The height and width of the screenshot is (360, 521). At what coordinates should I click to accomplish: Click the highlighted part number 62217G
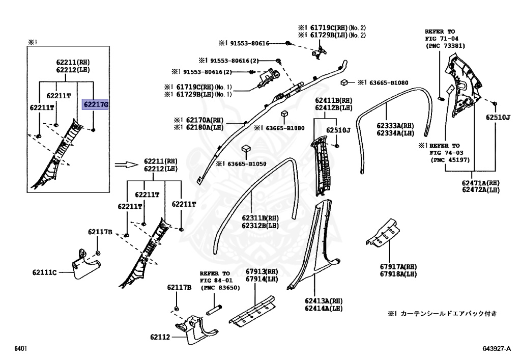96,105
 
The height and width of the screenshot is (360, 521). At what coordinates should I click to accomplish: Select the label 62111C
45,272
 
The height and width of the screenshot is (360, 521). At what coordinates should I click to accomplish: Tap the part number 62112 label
161,337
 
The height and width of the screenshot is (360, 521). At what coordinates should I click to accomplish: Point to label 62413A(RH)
324,301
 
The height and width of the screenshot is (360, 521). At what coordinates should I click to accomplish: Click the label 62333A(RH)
395,125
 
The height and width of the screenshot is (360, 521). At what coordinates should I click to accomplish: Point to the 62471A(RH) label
481,182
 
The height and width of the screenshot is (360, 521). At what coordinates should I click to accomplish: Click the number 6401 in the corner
19,349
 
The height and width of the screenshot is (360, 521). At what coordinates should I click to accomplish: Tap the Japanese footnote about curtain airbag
442,313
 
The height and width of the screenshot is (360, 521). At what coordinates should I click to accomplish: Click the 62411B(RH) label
333,100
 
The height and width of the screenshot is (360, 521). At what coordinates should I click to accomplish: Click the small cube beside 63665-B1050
246,148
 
